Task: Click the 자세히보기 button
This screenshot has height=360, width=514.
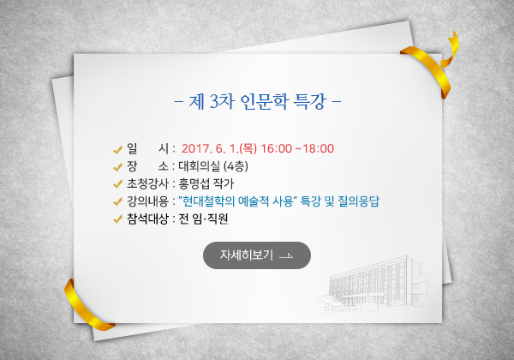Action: [257, 255]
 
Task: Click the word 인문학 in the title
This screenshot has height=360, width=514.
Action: [264, 101]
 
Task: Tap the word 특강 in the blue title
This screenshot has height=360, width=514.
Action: [310, 101]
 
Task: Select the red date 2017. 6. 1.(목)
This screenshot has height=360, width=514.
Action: [219, 148]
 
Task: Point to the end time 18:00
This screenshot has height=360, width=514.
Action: [318, 148]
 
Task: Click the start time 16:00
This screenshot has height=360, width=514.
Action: [276, 148]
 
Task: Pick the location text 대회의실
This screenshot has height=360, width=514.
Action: [200, 166]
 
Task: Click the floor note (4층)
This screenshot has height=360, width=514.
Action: [236, 166]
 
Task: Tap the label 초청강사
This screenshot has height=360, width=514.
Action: [147, 183]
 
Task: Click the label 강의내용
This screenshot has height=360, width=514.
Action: [147, 201]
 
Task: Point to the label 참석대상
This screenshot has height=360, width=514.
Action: [147, 219]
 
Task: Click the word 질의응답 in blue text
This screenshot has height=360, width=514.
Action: [358, 201]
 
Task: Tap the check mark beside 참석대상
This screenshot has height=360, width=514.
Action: [117, 219]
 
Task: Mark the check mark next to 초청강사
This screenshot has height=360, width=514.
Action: [117, 184]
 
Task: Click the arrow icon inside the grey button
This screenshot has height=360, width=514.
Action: [286, 256]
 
